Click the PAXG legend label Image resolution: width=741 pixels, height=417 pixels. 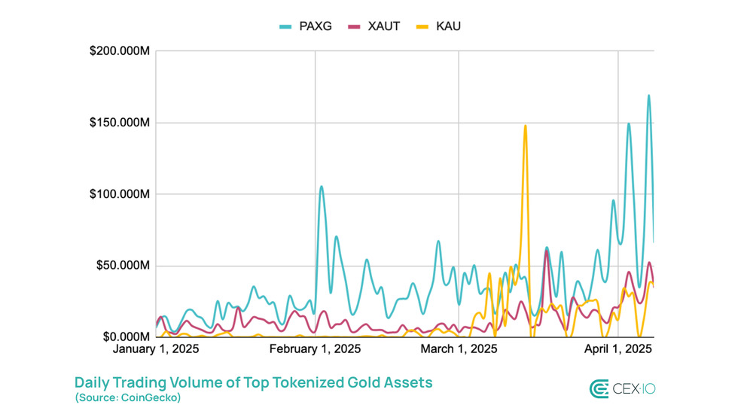[316, 26]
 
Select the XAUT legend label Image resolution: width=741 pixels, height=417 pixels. [384, 26]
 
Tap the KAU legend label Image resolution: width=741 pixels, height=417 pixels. [448, 26]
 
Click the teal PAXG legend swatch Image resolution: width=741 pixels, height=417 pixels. [285, 27]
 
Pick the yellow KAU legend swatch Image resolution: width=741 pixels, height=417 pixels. [422, 27]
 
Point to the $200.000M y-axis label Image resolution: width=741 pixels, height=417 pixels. [120, 51]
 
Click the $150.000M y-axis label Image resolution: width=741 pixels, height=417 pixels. [120, 123]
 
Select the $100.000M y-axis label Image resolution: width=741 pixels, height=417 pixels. [120, 194]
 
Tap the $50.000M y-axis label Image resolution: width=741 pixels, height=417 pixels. [123, 266]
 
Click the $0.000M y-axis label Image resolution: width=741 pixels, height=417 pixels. [127, 336]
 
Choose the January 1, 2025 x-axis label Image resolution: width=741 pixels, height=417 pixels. [155, 349]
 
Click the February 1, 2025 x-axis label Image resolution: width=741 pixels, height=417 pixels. [315, 349]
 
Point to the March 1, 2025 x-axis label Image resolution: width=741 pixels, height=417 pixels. [459, 349]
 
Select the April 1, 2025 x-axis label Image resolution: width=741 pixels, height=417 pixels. [618, 349]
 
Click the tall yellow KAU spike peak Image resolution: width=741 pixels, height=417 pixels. [525, 126]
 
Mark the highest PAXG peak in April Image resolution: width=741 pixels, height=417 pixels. [649, 96]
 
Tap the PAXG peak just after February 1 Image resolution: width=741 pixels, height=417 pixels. [322, 187]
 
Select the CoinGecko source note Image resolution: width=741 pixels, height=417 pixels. [127, 397]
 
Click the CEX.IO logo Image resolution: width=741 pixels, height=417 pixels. [622, 388]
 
